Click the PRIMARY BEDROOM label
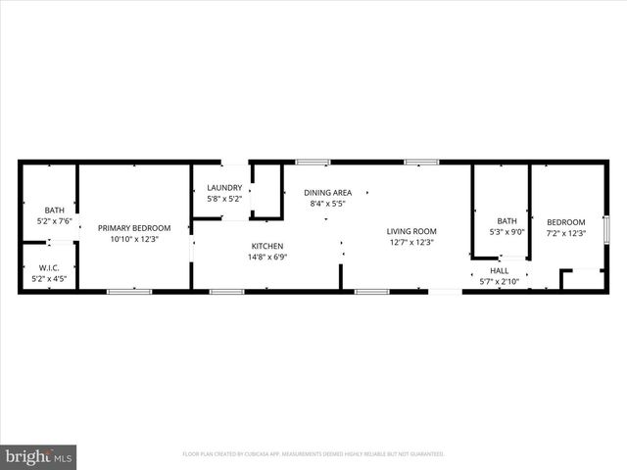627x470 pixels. pyautogui.click(x=133, y=228)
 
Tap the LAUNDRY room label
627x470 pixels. pyautogui.click(x=224, y=187)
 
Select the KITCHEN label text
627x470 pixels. pyautogui.click(x=267, y=246)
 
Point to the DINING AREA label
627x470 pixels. pyautogui.click(x=327, y=193)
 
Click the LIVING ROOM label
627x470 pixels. pyautogui.click(x=411, y=231)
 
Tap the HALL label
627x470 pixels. pyautogui.click(x=500, y=270)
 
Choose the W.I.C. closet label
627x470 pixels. pyautogui.click(x=49, y=268)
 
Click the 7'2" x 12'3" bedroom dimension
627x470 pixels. pyautogui.click(x=566, y=233)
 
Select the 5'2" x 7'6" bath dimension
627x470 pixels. pyautogui.click(x=54, y=221)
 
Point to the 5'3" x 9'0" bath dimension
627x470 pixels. pyautogui.click(x=506, y=232)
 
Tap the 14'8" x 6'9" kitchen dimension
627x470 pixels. pyautogui.click(x=267, y=258)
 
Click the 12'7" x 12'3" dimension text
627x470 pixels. pyautogui.click(x=411, y=243)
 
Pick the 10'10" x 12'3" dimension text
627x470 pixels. pyautogui.click(x=133, y=240)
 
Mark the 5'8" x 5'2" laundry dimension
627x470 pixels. pyautogui.click(x=224, y=199)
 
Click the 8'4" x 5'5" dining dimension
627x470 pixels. pyautogui.click(x=327, y=205)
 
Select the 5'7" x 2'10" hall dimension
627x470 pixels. pyautogui.click(x=500, y=282)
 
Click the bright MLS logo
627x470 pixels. pyautogui.click(x=39, y=456)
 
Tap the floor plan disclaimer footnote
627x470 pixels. pyautogui.click(x=313, y=454)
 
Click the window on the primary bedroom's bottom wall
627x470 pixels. pyautogui.click(x=128, y=291)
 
